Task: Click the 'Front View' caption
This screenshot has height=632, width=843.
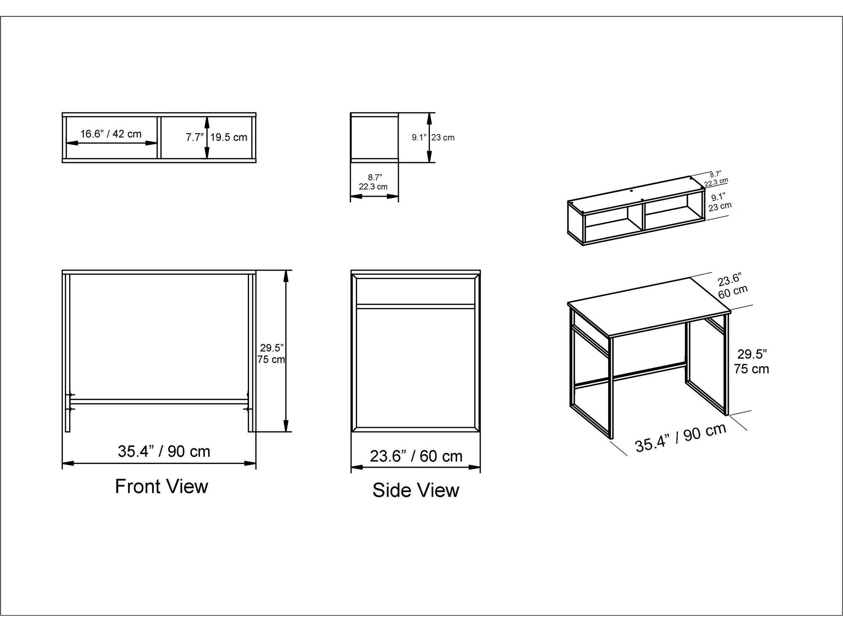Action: tap(161, 486)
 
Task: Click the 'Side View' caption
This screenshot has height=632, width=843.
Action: tap(416, 490)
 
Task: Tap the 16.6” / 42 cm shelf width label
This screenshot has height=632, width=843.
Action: tap(111, 134)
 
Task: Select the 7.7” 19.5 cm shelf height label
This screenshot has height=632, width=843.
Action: tap(217, 137)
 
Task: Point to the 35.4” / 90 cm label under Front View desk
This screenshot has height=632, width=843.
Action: tap(164, 451)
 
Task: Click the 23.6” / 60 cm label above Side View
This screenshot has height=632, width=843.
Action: tap(416, 456)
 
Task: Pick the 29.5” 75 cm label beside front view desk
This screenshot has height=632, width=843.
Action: tap(271, 353)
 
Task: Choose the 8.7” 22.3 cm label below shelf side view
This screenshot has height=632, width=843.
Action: tap(373, 182)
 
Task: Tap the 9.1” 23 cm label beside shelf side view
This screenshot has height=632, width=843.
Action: tap(433, 137)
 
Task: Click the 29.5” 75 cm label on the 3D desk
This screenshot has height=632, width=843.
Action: tap(751, 361)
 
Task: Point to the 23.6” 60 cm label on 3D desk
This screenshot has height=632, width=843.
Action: tap(732, 286)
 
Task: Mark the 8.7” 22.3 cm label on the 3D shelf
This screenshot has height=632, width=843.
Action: tap(716, 179)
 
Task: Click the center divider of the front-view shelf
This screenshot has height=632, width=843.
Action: tap(159, 137)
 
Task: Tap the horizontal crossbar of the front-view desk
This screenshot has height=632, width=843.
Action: tap(159, 402)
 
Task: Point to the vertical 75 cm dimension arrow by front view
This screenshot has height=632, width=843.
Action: tap(286, 351)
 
